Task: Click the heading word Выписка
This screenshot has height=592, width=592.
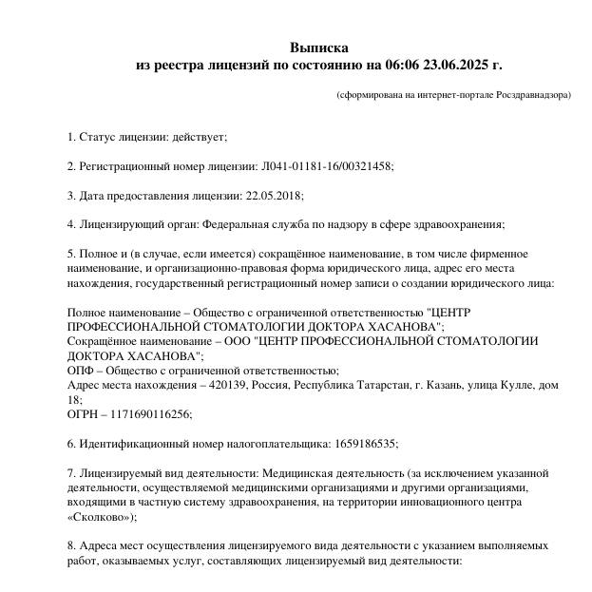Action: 319,48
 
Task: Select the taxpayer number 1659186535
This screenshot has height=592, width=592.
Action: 363,444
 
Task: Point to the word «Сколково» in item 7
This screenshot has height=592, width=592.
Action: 100,517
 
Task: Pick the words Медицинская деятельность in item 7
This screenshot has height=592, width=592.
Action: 336,473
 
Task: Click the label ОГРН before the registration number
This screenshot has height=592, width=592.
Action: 84,414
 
